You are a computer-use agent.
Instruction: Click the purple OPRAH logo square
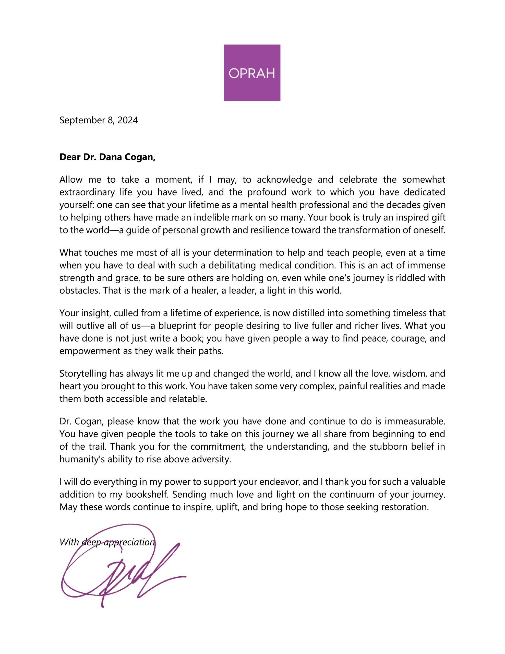tap(252, 73)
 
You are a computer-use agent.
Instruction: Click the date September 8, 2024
tap(99, 120)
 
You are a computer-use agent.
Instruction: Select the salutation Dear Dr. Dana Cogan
tap(107, 157)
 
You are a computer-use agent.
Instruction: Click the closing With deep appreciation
tap(108, 542)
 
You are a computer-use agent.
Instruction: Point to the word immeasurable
tap(415, 421)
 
